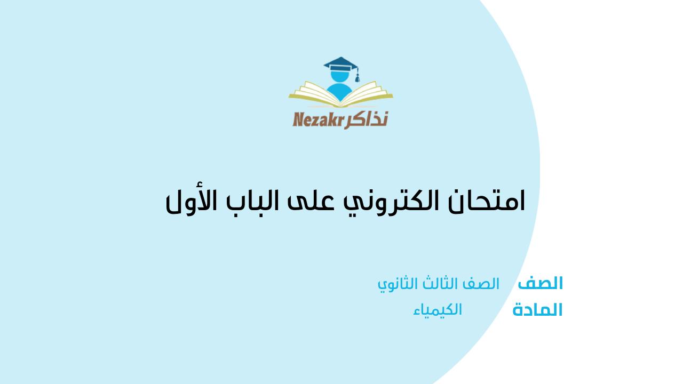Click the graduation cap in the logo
click(x=340, y=66)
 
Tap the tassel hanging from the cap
click(x=358, y=77)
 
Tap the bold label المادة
click(x=537, y=310)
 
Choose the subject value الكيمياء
click(x=438, y=310)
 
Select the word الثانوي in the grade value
click(x=398, y=284)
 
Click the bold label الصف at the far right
click(x=541, y=283)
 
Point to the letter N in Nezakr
click(x=298, y=119)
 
